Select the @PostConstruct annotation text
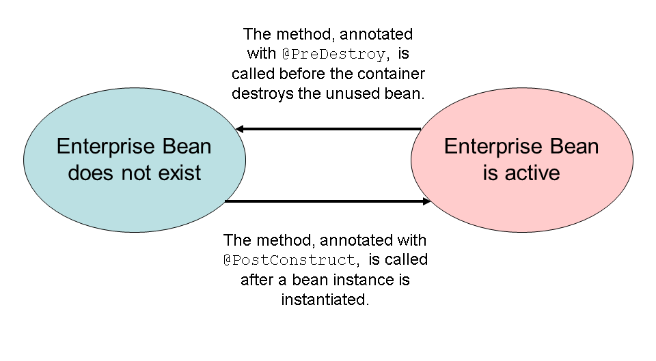coord(290,260)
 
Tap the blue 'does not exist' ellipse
coord(134,160)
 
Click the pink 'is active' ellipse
coord(521,160)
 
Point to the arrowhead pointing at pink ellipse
coord(427,201)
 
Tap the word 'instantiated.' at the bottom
coord(325,300)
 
